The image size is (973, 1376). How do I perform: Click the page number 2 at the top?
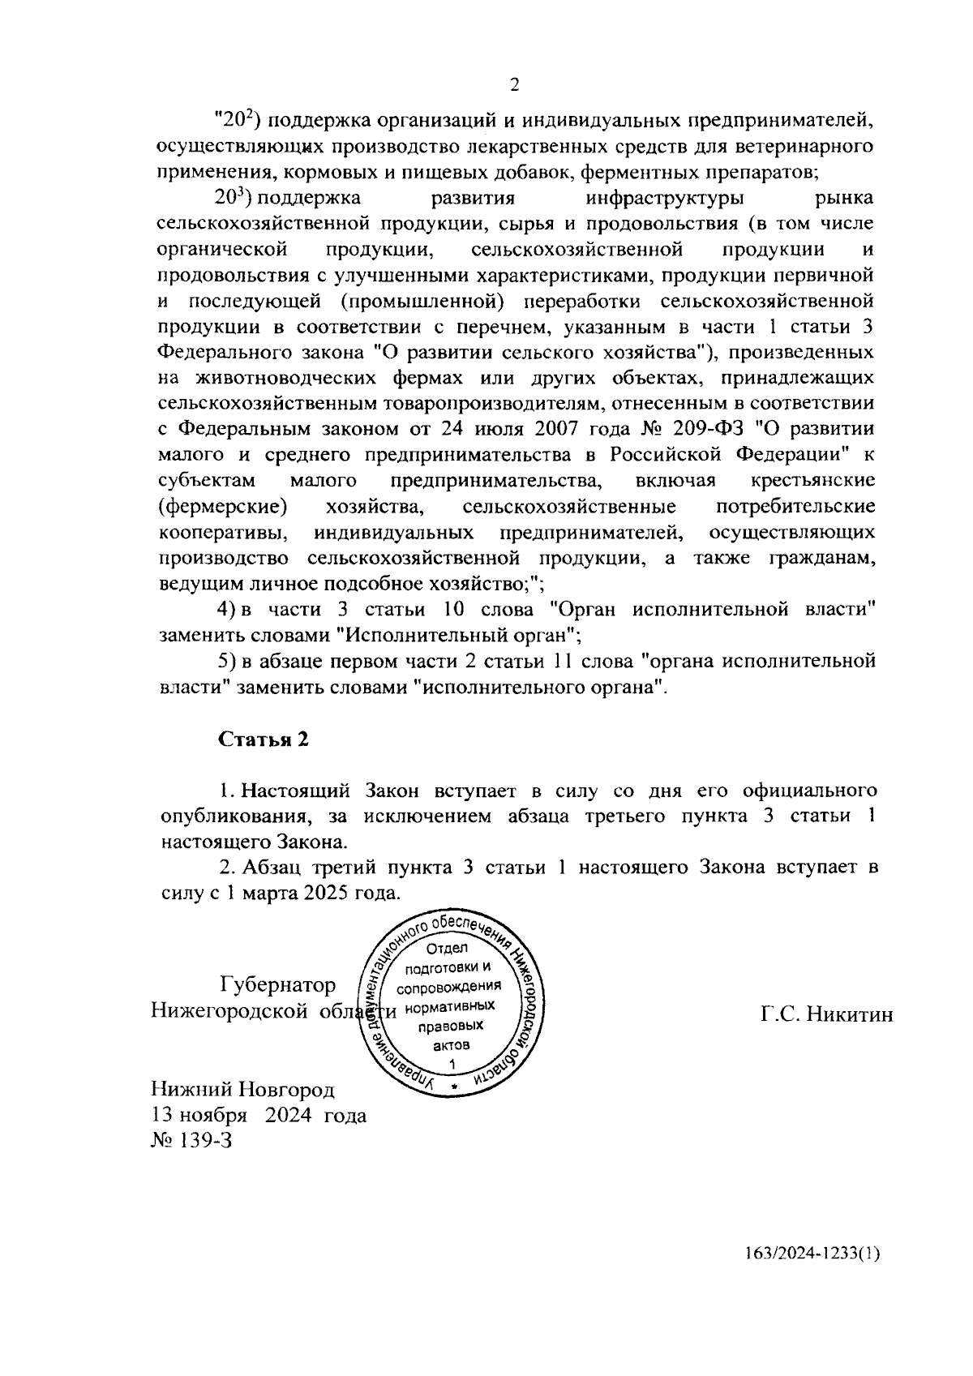514,85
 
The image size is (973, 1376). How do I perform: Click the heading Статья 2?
264,739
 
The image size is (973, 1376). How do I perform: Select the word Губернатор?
277,985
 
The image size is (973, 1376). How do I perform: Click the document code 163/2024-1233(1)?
812,1275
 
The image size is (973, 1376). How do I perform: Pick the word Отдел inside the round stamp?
447,949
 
